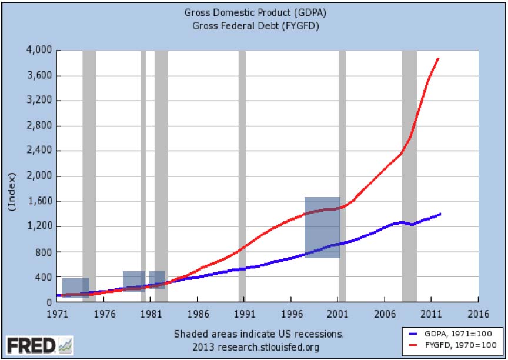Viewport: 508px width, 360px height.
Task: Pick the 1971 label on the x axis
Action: (56, 314)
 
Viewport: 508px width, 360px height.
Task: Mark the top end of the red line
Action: (439, 58)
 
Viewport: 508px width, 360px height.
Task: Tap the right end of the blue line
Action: (440, 214)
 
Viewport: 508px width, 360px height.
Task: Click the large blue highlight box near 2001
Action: (322, 227)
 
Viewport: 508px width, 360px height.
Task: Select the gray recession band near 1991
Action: (242, 176)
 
